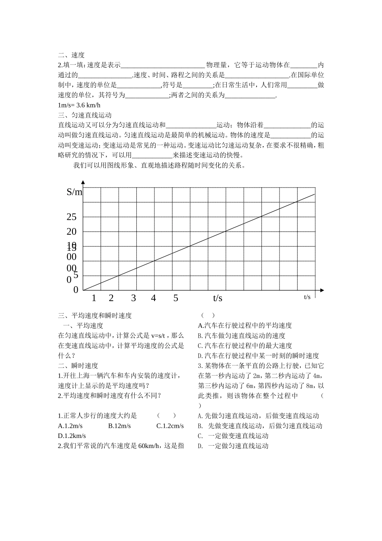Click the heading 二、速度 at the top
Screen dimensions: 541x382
pos(71,55)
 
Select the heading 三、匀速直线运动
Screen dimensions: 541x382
pos(85,116)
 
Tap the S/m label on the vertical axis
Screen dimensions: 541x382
pos(74,192)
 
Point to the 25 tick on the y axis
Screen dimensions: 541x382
pos(71,217)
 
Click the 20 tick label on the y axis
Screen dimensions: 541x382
pos(71,231)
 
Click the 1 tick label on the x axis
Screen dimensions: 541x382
pos(94,298)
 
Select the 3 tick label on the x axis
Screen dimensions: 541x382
pos(133,298)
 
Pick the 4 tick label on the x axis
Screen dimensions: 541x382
pos(153,298)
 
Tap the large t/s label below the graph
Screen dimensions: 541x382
pos(218,298)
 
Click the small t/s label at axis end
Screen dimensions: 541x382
pos(307,297)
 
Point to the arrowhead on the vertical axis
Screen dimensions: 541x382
pos(83,183)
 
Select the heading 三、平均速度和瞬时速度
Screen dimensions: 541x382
pos(95,316)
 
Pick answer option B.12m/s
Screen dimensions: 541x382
pos(119,426)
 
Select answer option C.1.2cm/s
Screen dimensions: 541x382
pos(170,426)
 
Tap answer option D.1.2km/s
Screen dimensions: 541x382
pos(72,436)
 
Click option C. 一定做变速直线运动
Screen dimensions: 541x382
pos(233,436)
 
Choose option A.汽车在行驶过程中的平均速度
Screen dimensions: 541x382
pos(245,326)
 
